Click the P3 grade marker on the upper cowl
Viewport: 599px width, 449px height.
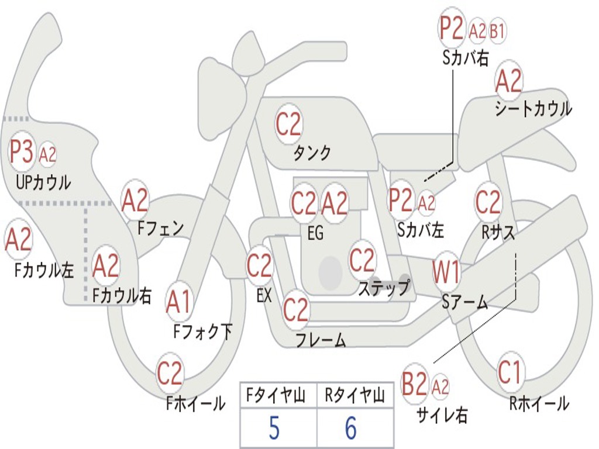coord(22,151)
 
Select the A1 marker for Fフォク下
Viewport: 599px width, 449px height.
coord(178,302)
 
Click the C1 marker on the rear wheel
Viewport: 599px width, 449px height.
coord(510,372)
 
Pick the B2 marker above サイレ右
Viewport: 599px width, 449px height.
coord(414,384)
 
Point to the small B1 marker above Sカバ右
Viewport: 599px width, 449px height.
coord(497,30)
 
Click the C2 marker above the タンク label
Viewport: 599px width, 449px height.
coord(288,124)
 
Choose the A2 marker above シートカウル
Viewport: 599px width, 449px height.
coord(508,81)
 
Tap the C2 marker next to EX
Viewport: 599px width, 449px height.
coord(259,266)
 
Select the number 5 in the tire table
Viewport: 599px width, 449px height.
coord(274,428)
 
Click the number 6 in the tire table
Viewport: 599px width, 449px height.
coord(351,428)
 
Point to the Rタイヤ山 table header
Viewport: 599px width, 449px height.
coord(354,395)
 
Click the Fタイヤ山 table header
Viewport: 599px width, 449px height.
coord(276,395)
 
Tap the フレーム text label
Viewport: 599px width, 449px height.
coord(321,340)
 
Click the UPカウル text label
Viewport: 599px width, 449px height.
coord(43,182)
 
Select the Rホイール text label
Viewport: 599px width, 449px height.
coord(539,403)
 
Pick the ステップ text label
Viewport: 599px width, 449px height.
coord(384,288)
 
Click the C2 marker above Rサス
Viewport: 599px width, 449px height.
coord(488,202)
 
